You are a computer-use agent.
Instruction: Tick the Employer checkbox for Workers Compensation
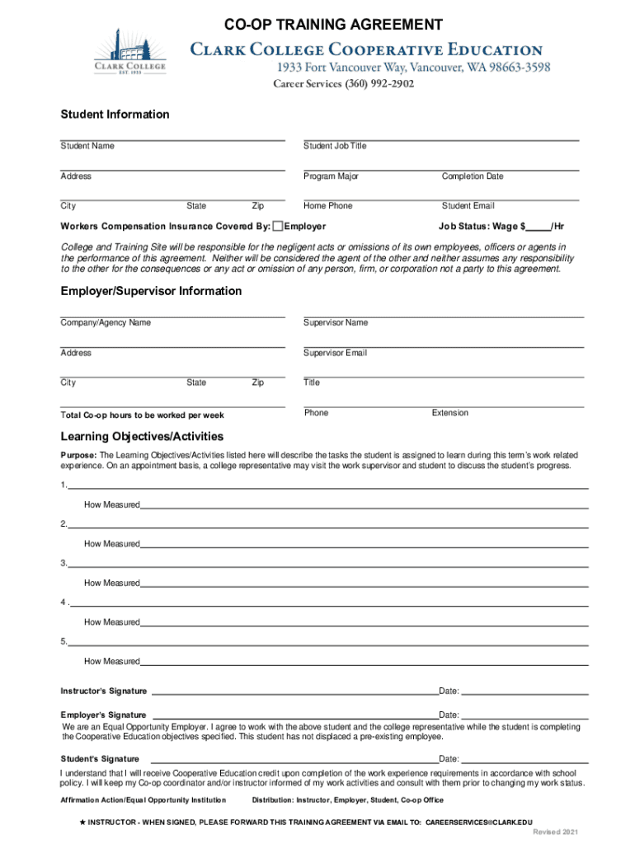(278, 226)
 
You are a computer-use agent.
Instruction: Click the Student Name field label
(87, 146)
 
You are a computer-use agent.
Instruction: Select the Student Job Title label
(335, 146)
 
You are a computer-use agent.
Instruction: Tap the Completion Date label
(473, 176)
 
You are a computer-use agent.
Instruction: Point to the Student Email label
(468, 206)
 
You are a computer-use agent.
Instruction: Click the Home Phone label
(327, 206)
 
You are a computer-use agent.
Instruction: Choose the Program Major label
(331, 176)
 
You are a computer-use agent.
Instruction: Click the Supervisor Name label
(336, 322)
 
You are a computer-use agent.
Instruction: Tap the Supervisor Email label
(335, 353)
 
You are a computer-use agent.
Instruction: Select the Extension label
(450, 413)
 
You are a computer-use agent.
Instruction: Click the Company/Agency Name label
(106, 322)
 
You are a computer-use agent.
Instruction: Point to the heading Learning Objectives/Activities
(142, 436)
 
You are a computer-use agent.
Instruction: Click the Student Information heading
(115, 115)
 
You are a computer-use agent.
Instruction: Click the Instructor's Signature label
(104, 691)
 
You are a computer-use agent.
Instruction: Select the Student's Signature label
(100, 758)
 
